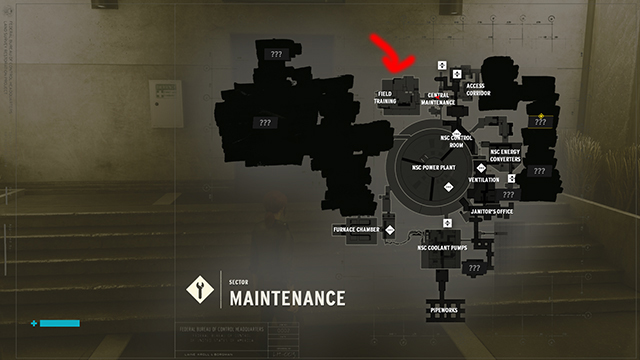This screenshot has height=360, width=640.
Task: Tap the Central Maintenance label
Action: [x=438, y=98]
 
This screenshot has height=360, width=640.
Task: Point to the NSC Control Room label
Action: [x=456, y=141]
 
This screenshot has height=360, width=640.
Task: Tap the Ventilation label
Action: [x=484, y=180]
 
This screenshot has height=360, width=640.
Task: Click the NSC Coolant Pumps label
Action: [x=442, y=248]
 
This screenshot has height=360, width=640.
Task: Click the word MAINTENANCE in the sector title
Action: [x=287, y=298]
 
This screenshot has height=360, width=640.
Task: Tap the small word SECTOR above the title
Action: [x=237, y=282]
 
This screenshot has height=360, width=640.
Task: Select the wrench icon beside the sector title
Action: [x=199, y=290]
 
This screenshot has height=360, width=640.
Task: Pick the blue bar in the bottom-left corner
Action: [x=59, y=323]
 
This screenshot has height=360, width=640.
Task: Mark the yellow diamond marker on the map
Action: [x=541, y=116]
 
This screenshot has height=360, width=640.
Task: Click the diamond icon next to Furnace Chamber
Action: [x=390, y=229]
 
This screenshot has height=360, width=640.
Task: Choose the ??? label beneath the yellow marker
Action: [x=541, y=123]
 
